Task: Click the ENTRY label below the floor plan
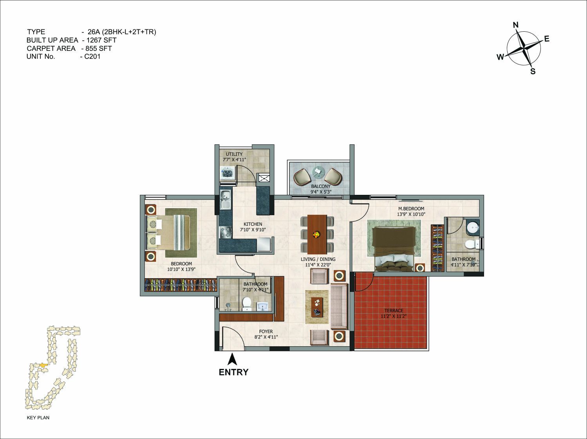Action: pos(233,372)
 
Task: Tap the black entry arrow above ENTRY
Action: pos(232,359)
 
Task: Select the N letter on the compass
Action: pos(516,25)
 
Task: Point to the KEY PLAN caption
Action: pos(38,417)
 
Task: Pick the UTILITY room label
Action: pos(234,154)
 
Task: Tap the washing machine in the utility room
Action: pos(228,173)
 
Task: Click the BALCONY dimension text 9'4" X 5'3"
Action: pos(321,192)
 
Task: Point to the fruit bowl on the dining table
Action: pos(317,235)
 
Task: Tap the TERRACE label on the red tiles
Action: pos(394,311)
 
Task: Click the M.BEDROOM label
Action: pos(411,209)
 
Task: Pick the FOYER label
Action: pos(266,331)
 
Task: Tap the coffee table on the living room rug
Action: pos(317,307)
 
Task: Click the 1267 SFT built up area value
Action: pos(101,40)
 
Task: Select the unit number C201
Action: pos(92,56)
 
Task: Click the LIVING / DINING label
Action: pos(318,259)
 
